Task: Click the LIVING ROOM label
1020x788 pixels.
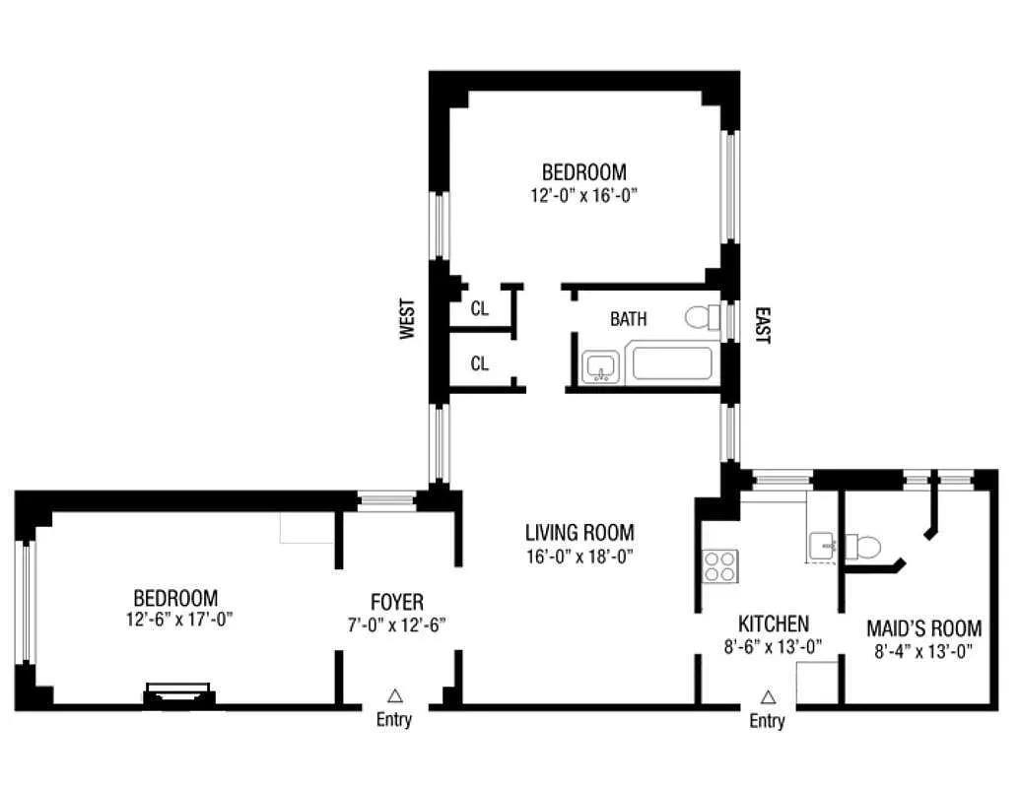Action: click(578, 533)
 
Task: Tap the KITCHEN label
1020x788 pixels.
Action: click(774, 624)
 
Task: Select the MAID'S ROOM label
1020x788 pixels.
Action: click(923, 628)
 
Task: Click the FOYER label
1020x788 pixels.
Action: click(397, 602)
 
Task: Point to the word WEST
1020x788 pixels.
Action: click(406, 319)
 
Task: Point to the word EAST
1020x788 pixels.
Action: click(762, 324)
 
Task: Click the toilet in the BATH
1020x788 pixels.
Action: click(703, 317)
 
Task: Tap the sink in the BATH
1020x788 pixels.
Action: click(600, 367)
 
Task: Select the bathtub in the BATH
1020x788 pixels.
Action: click(671, 363)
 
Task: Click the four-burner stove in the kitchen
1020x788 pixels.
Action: click(718, 565)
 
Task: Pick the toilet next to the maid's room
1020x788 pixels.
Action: click(864, 547)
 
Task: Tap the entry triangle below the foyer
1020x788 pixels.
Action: click(394, 694)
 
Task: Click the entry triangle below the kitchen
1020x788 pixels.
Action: click(768, 696)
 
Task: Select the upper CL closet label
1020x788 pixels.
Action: click(479, 308)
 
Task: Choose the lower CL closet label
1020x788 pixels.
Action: click(479, 363)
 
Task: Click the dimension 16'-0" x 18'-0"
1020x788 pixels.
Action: click(578, 556)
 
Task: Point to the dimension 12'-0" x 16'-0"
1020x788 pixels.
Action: click(583, 195)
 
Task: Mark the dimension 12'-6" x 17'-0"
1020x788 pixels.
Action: click(175, 619)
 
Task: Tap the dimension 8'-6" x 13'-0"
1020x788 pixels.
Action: click(774, 646)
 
